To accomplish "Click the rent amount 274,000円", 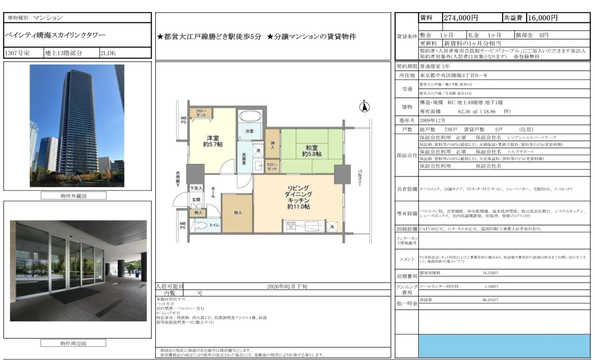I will point(461,18).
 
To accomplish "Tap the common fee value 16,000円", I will point(542,18).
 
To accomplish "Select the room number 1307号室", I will point(17,53).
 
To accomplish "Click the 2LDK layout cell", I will point(108,53).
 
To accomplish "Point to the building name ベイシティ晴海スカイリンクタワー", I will point(55,35).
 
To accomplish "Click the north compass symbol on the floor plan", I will point(364,107).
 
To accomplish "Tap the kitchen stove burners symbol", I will point(291,226).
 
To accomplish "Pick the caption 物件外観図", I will point(77,196).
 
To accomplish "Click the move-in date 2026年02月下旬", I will point(287,287).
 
